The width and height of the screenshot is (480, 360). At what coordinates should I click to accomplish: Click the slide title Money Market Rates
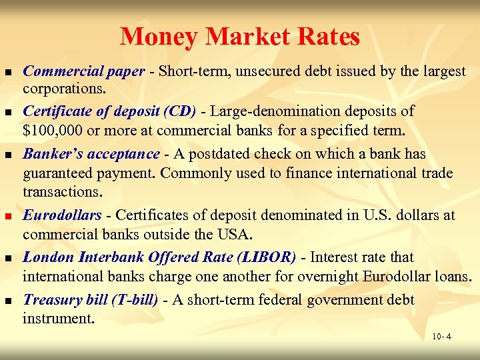240,36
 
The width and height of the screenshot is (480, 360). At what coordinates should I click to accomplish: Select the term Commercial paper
83,71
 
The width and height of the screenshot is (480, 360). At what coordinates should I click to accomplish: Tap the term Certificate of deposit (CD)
109,111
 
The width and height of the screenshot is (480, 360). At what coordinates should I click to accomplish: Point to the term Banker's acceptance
91,154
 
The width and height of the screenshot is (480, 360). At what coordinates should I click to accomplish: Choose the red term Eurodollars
62,215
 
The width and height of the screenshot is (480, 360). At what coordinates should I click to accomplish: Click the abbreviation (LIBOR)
263,257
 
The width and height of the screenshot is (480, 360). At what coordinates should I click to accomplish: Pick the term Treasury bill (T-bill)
91,300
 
